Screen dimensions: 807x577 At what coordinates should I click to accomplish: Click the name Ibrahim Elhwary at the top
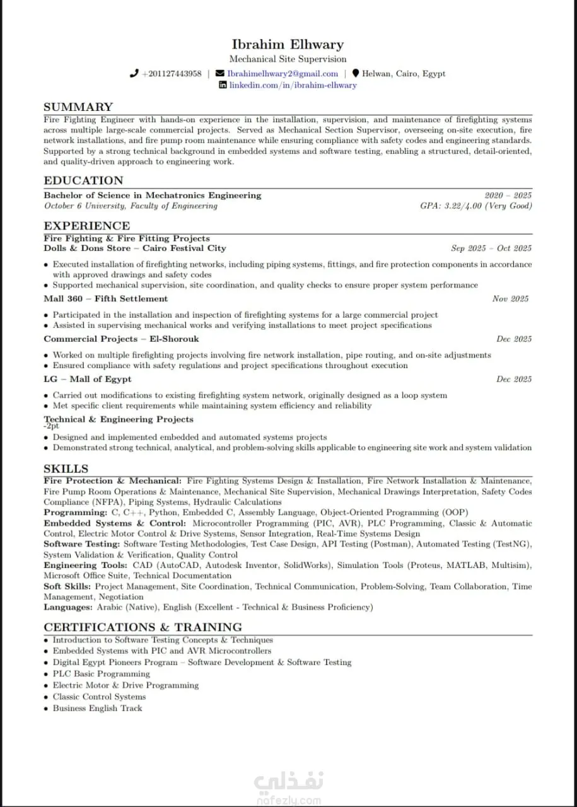(288, 44)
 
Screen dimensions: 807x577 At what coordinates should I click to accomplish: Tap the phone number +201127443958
(172, 74)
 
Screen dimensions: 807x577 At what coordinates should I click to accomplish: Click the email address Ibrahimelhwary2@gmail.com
(283, 74)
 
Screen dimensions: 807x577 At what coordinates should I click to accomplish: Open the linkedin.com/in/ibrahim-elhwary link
(293, 85)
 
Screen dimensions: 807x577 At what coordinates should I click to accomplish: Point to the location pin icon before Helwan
(356, 74)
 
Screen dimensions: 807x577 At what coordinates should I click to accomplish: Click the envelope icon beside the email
(219, 74)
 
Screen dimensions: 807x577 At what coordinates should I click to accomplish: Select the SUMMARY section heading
(78, 107)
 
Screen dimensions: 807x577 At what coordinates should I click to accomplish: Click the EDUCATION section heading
(83, 181)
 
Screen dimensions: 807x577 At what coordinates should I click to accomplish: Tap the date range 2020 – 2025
(508, 195)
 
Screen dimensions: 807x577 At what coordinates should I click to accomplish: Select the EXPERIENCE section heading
(87, 226)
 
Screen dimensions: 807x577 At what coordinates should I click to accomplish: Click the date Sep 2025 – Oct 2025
(491, 248)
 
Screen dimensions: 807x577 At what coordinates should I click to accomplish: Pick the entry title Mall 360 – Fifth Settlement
(106, 299)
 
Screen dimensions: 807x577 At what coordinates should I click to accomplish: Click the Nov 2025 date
(511, 299)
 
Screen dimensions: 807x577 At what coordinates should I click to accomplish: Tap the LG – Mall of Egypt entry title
(88, 379)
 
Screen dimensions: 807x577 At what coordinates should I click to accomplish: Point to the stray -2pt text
(51, 426)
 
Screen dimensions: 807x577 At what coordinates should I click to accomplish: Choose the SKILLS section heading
(66, 469)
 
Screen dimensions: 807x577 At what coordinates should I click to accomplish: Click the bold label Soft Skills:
(67, 586)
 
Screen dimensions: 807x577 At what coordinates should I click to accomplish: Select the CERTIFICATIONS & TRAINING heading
(143, 627)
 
